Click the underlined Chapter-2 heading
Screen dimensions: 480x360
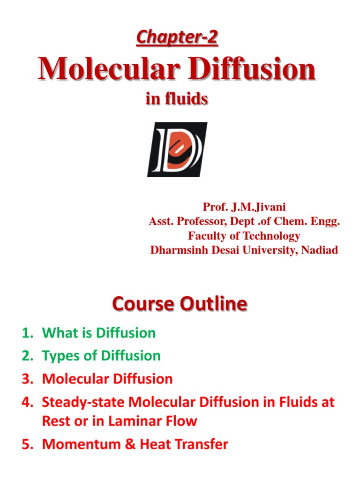[x=177, y=37]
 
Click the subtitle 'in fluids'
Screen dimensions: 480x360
[x=177, y=99]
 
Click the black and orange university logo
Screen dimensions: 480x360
[x=177, y=150]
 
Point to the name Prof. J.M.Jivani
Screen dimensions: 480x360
[x=244, y=207]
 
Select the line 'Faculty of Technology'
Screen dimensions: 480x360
[x=244, y=236]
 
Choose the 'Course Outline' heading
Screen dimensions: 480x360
[x=180, y=305]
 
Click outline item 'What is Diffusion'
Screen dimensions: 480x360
[x=99, y=333]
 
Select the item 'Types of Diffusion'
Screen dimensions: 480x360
[x=101, y=356]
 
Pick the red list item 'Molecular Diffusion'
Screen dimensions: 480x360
[x=107, y=379]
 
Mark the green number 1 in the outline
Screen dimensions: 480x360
[x=26, y=333]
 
